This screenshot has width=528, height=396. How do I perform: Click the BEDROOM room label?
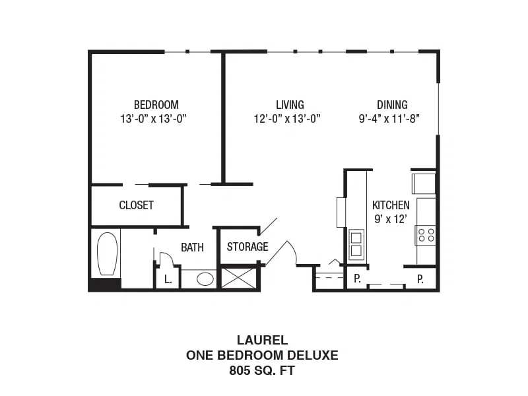156,105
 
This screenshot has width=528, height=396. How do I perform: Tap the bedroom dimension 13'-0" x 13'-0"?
154,119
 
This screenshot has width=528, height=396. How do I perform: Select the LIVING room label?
290,105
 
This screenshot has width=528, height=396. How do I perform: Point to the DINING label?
392,105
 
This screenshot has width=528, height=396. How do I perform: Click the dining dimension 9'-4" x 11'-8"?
389,119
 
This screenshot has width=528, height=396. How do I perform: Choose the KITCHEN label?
391,205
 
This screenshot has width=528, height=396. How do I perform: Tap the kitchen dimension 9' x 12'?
391,219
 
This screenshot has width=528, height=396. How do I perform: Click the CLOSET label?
137,205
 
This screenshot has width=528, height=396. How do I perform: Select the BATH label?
192,247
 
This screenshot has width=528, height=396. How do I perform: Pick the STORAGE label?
247,247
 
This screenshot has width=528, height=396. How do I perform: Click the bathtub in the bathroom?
108,253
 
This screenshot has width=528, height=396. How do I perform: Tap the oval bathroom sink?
205,279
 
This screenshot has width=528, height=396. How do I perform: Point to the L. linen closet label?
168,279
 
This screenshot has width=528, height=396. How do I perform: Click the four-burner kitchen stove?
426,235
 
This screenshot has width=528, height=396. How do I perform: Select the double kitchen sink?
356,244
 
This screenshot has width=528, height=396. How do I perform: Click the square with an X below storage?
238,278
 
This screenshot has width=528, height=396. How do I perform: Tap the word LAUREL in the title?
262,340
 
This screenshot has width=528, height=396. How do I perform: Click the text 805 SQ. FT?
262,370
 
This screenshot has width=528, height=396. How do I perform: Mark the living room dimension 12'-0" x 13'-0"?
287,119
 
